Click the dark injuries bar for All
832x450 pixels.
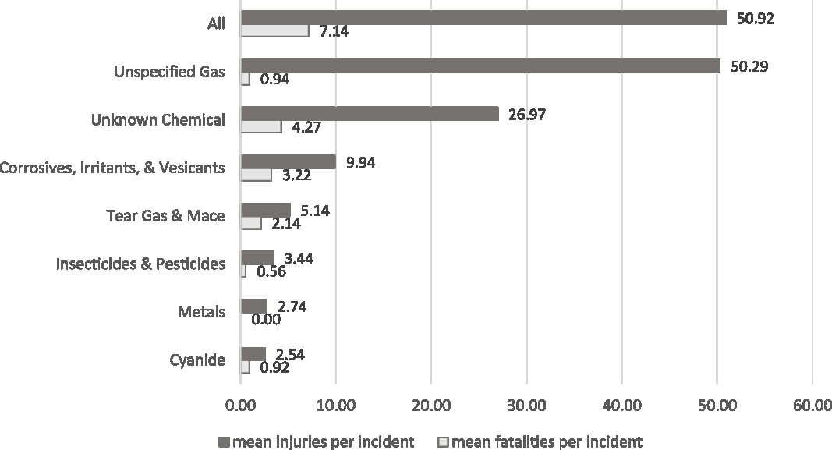[x=483, y=18]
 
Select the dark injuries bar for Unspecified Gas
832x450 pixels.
[x=480, y=66]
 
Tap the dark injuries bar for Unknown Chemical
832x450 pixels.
[x=370, y=114]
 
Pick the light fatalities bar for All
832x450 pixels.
[x=274, y=31]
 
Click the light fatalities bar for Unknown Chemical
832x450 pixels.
[x=261, y=127]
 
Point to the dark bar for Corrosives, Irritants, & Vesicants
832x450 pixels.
[x=288, y=161]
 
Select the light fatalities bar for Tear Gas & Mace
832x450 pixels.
[x=251, y=223]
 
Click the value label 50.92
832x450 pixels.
[x=755, y=18]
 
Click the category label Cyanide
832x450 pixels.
[x=197, y=360]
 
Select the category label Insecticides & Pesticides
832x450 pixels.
[x=140, y=264]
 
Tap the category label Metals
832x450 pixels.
[x=202, y=312]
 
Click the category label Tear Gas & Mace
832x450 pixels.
[x=165, y=216]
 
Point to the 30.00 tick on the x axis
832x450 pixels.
[x=526, y=406]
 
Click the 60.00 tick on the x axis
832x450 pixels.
[x=812, y=406]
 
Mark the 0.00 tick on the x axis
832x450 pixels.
[x=240, y=406]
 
